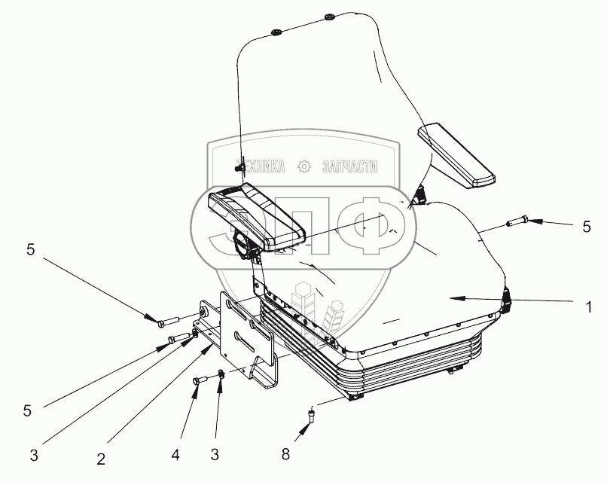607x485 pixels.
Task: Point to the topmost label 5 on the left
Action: point(31,251)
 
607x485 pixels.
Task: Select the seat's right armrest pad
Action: point(456,156)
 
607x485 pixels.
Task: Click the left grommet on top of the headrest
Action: point(276,31)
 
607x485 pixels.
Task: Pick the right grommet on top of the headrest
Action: point(329,16)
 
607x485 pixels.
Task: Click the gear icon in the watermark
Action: point(304,166)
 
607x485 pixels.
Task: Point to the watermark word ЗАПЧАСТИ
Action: point(349,166)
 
